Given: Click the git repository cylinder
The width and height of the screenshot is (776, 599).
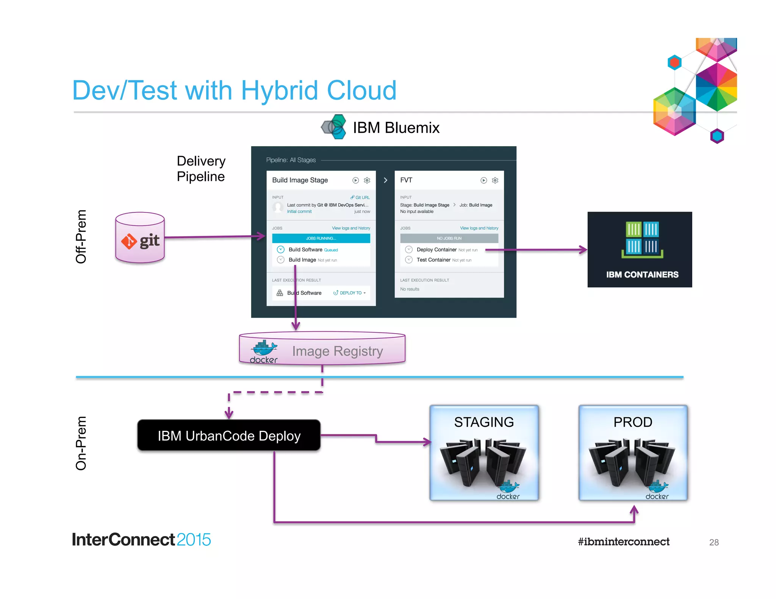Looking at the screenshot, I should point(140,238).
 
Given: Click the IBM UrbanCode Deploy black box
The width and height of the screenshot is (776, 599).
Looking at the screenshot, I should point(229,435).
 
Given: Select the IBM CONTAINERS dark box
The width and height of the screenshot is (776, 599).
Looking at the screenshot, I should point(640,250).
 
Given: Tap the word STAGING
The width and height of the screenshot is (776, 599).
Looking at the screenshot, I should point(484,422).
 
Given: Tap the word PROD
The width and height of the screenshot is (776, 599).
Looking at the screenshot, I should point(633,422).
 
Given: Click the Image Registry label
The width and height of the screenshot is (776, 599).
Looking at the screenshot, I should point(337,351).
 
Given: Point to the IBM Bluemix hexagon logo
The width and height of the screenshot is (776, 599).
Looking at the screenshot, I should point(334,127).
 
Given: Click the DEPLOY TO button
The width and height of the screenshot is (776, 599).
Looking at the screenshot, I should point(349,293).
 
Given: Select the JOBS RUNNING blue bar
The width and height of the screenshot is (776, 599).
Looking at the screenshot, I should point(321,238).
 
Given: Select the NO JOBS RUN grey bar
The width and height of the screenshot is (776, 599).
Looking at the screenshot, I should point(449,238).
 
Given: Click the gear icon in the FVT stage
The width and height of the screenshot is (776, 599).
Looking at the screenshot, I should point(495,180).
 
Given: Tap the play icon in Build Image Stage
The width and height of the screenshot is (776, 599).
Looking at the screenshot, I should point(355,180).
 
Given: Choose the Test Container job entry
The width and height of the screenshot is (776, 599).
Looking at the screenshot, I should point(433,260).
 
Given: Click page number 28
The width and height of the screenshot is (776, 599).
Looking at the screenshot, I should point(714,543).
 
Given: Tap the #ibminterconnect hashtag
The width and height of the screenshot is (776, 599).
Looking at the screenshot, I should point(624,542).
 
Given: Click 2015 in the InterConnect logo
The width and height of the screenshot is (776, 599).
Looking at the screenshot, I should point(194,540).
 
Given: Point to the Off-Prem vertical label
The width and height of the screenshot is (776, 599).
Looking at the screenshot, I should point(81,237).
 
